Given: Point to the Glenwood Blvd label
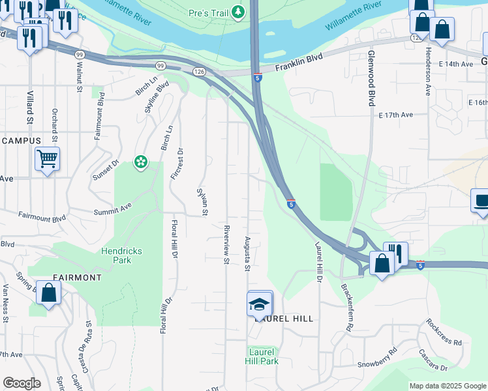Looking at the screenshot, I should pyautogui.click(x=371, y=79).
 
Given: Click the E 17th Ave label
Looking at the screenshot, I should pyautogui.click(x=397, y=115).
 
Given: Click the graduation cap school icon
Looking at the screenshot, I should pyautogui.click(x=259, y=304).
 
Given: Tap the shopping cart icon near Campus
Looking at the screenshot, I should pyautogui.click(x=47, y=158).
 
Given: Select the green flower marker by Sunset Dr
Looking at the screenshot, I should pyautogui.click(x=140, y=162).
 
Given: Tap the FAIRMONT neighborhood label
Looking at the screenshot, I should pyautogui.click(x=74, y=278).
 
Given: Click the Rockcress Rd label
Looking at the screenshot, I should pyautogui.click(x=444, y=332).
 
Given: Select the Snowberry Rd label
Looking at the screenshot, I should pyautogui.click(x=377, y=360).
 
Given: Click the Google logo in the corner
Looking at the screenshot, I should pyautogui.click(x=22, y=383).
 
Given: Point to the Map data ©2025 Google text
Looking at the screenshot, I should pyautogui.click(x=448, y=386).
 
